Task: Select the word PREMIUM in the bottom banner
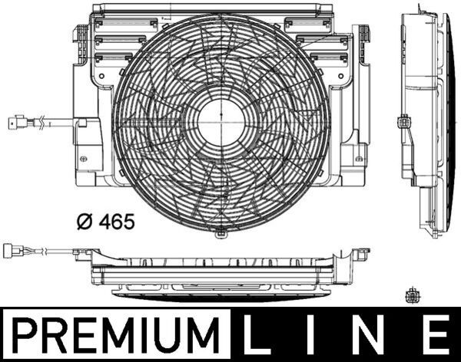(x=114, y=336)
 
